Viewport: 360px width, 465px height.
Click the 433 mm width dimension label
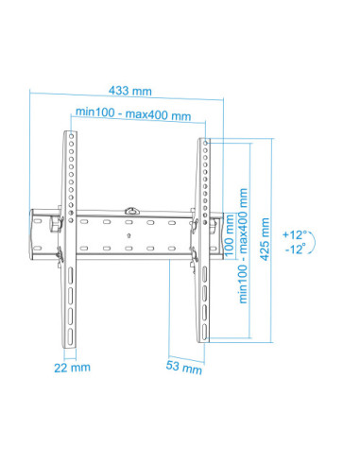pos(130,91)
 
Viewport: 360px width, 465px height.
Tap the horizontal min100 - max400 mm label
pos(133,113)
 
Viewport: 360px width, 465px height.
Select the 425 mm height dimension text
pos(265,239)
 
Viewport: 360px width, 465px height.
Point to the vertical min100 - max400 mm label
pos(244,246)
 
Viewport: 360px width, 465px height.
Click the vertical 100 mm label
pos(230,235)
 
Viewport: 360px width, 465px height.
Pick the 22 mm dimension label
pos(72,368)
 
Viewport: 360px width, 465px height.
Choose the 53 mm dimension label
pos(184,367)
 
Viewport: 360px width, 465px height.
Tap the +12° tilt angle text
pos(295,234)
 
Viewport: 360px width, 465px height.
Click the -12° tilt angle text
pos(296,250)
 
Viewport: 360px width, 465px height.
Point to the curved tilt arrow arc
pos(314,242)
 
